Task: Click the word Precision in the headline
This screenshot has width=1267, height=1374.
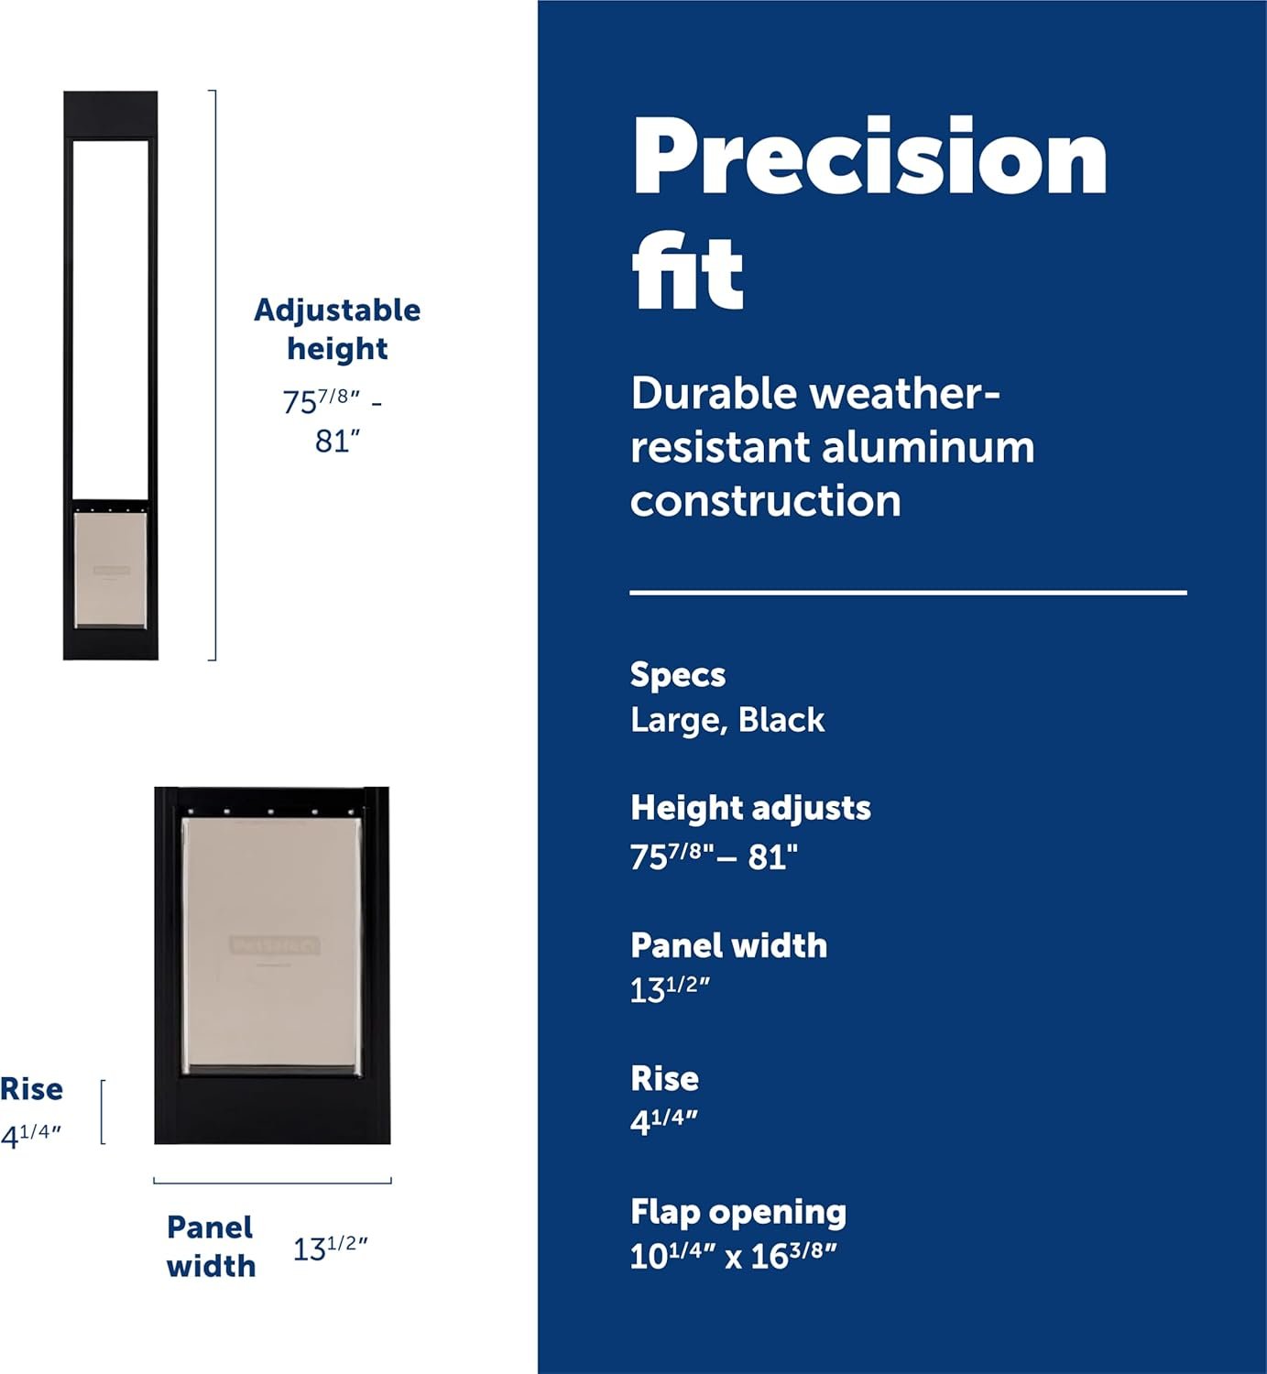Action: (869, 157)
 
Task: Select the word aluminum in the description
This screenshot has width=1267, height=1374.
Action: (928, 448)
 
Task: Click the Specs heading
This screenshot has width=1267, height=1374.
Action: (677, 674)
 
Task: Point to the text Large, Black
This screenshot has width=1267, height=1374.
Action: (727, 721)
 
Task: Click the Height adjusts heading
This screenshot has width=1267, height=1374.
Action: (750, 808)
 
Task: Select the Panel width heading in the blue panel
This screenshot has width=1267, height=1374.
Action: (728, 945)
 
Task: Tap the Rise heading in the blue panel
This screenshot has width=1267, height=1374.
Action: (664, 1078)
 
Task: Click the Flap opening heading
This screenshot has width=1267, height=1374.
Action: (738, 1212)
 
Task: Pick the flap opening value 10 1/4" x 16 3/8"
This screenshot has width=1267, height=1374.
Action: (734, 1257)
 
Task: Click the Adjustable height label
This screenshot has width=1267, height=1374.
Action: (337, 330)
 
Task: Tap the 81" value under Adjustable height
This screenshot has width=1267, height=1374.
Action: (338, 442)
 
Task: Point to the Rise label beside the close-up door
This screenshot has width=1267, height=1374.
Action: (31, 1089)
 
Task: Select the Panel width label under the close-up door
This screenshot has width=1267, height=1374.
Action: (211, 1247)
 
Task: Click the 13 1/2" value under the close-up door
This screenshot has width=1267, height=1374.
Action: (330, 1249)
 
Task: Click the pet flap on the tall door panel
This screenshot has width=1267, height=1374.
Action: (111, 570)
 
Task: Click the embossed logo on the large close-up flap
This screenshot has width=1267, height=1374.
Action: (274, 945)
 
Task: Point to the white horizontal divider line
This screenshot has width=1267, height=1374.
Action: (908, 593)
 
